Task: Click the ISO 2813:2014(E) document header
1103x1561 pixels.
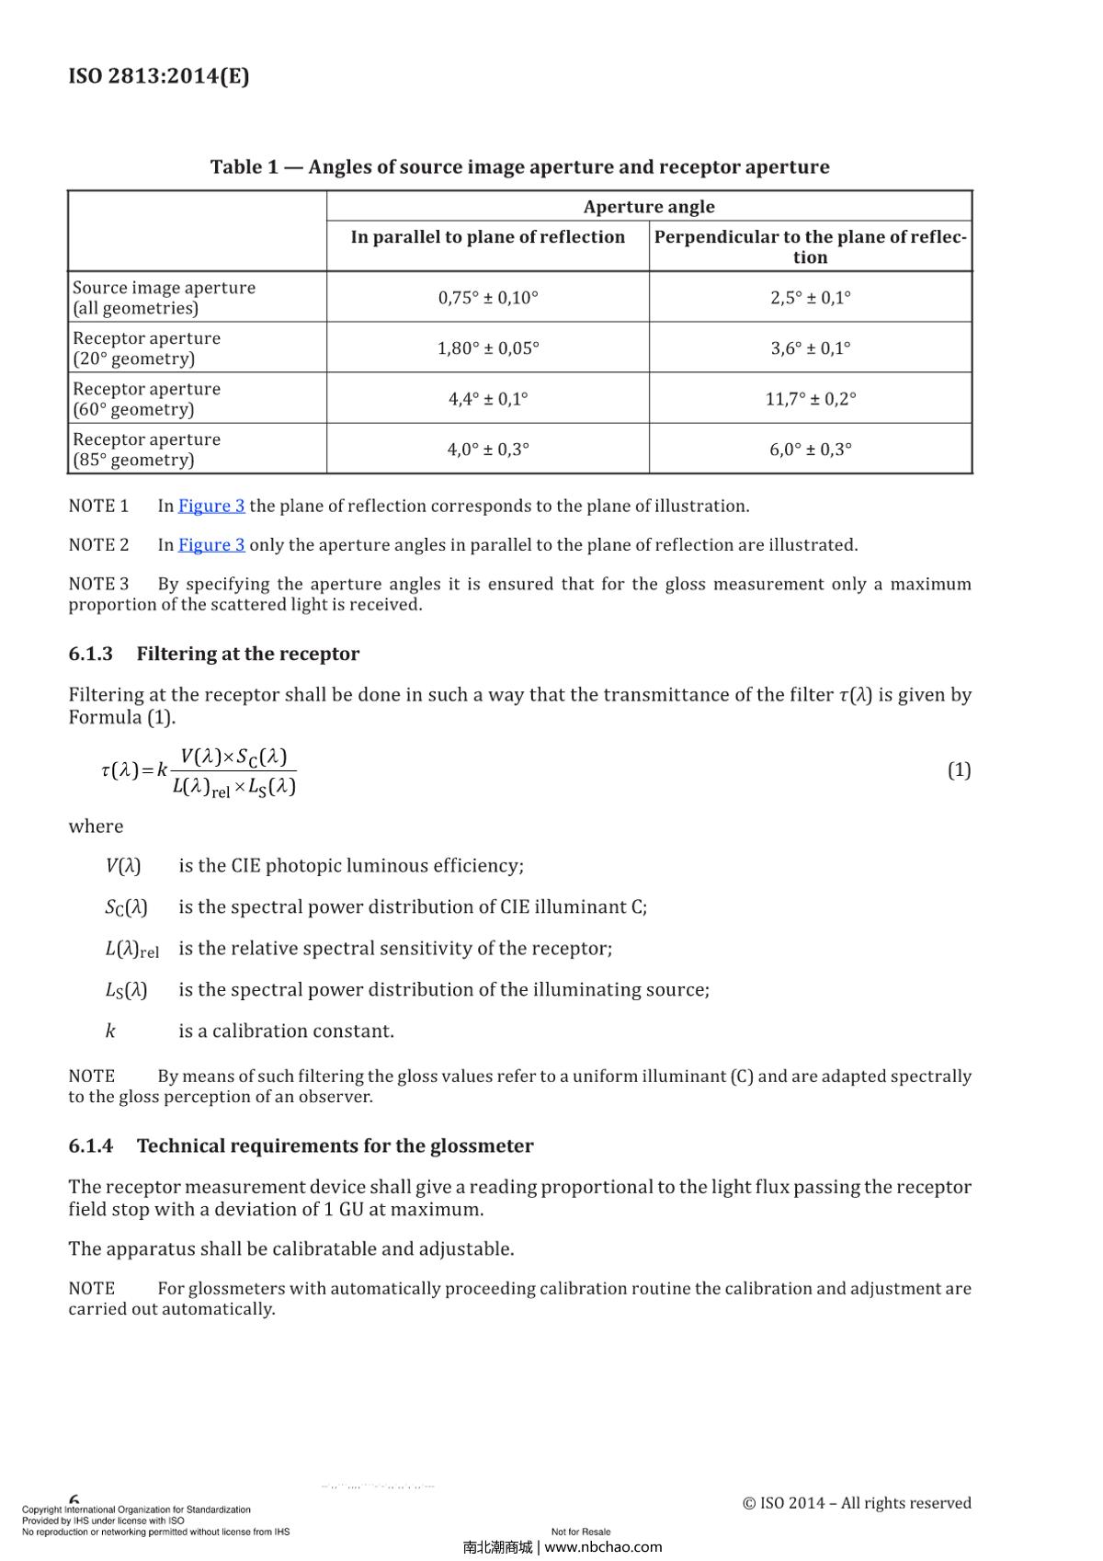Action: pos(158,75)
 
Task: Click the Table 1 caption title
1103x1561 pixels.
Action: pos(519,166)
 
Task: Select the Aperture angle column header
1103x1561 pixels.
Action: pos(649,206)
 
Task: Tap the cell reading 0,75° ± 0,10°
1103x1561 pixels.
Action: pos(488,297)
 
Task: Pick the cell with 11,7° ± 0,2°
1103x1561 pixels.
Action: pos(810,398)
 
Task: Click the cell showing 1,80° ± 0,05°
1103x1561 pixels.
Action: pos(488,348)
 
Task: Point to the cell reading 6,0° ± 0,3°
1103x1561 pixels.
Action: pos(810,449)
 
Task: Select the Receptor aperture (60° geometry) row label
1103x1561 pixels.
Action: pos(146,398)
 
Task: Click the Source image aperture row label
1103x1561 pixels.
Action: pos(164,297)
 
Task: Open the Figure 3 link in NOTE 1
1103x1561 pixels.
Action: pos(211,506)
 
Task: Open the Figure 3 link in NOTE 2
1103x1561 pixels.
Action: pos(211,544)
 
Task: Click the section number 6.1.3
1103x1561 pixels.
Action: pos(90,654)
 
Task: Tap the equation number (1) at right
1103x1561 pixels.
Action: pos(959,769)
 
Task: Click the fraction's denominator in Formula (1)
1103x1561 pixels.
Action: pos(233,787)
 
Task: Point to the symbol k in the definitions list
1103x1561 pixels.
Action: pos(110,1031)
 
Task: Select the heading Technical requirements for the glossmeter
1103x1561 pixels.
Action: pos(335,1145)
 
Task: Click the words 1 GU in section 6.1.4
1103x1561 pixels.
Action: pos(343,1209)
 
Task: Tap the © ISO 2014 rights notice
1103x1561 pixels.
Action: pos(856,1502)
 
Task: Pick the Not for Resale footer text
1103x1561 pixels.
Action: pos(581,1532)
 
